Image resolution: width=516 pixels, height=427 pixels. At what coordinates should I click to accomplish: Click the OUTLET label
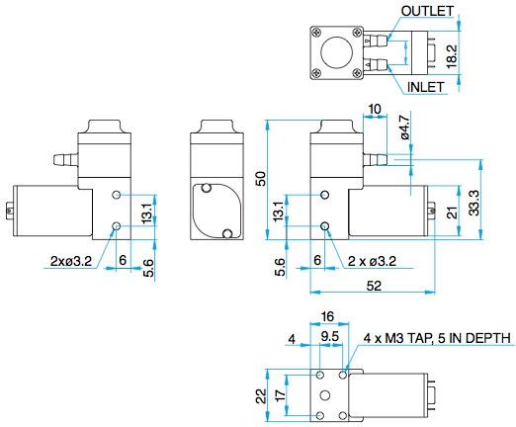click(x=428, y=11)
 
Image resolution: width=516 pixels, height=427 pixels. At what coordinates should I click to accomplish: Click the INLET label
click(x=426, y=87)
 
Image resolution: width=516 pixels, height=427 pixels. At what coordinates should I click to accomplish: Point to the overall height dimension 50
click(x=259, y=178)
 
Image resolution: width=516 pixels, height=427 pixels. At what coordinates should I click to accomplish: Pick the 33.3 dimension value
click(x=474, y=202)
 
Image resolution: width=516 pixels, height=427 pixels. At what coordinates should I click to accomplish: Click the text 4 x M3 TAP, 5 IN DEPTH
click(x=437, y=338)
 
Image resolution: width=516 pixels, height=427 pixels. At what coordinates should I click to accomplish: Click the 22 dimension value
click(x=260, y=395)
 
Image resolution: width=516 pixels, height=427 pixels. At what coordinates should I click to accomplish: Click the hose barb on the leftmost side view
click(x=61, y=158)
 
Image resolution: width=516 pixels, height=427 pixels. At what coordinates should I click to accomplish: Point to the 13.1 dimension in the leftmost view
click(x=147, y=211)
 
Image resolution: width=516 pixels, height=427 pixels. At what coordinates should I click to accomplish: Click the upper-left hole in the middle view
click(x=207, y=188)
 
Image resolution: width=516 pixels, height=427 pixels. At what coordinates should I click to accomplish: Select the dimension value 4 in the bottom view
click(x=292, y=337)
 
